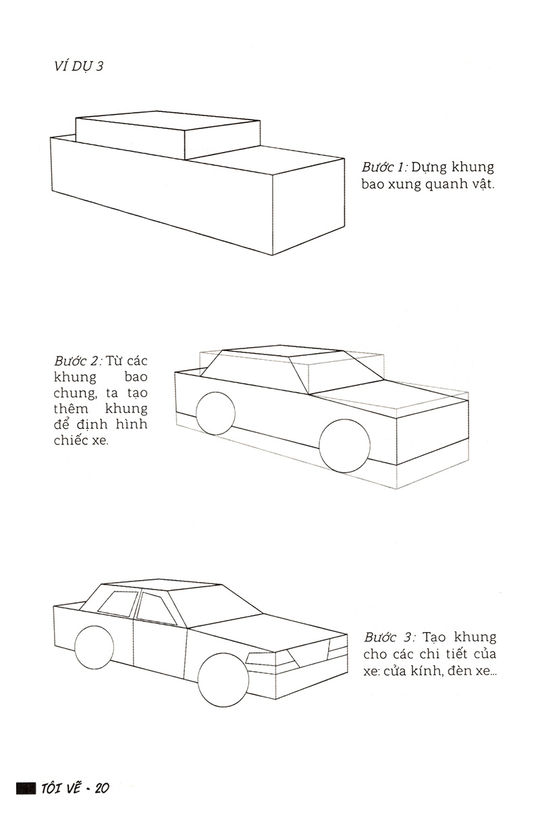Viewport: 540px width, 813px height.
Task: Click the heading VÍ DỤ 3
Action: (x=79, y=67)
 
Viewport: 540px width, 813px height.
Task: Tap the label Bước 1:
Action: (x=385, y=167)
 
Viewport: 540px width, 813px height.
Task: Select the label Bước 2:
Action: (x=78, y=361)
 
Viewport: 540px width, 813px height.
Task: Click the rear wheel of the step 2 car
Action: (x=215, y=413)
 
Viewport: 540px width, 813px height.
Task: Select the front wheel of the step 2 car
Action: (x=344, y=446)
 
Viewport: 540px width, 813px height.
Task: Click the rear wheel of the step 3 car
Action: (x=94, y=647)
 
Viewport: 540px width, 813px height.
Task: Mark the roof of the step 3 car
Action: (x=162, y=588)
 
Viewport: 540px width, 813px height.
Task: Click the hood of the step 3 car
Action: (x=269, y=632)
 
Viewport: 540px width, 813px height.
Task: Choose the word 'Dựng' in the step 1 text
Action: (x=430, y=168)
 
